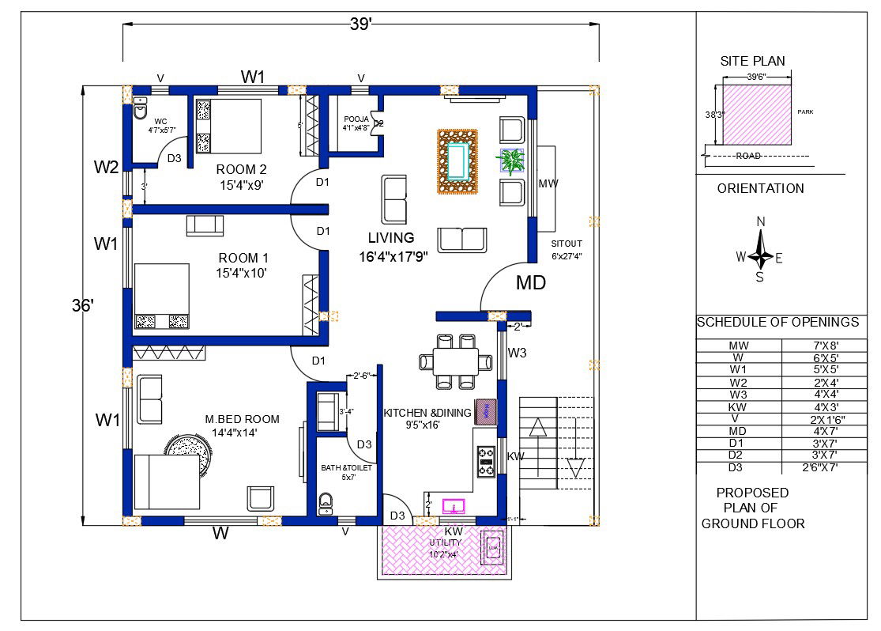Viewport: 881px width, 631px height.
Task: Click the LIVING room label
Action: pyautogui.click(x=391, y=237)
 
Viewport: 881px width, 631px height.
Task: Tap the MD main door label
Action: pyautogui.click(x=531, y=282)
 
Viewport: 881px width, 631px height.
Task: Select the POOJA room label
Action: pyautogui.click(x=356, y=119)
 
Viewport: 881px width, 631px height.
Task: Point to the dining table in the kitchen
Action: pyautogui.click(x=457, y=361)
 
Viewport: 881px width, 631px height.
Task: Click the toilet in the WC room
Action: pyautogui.click(x=140, y=110)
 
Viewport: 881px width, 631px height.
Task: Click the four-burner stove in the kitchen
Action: pyautogui.click(x=485, y=463)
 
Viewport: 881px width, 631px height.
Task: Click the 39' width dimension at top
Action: pyautogui.click(x=360, y=25)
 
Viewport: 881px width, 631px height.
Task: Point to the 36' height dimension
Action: pyautogui.click(x=82, y=306)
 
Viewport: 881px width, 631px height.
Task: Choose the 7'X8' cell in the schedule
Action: pyautogui.click(x=823, y=346)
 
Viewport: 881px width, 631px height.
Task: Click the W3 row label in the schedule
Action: pyautogui.click(x=738, y=395)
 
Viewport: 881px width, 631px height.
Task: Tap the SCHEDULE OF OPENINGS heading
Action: pyautogui.click(x=777, y=323)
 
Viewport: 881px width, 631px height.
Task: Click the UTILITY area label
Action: pyautogui.click(x=445, y=543)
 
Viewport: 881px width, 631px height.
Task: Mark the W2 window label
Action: pyautogui.click(x=106, y=167)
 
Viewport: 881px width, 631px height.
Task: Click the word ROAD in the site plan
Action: pyautogui.click(x=747, y=156)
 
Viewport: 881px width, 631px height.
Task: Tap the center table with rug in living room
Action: pyautogui.click(x=457, y=161)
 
